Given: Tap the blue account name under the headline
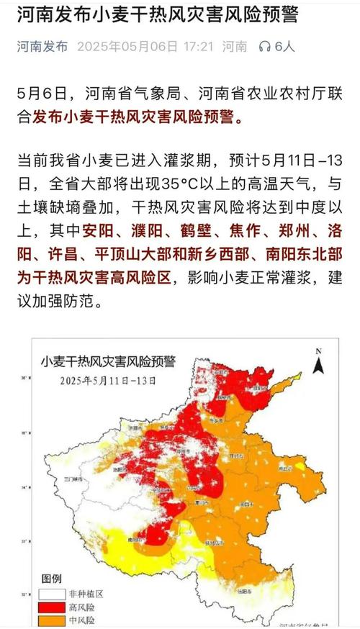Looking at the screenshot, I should tap(42, 47).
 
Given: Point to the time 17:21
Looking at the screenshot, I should tap(199, 47).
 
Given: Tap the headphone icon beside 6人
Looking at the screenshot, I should tap(264, 47).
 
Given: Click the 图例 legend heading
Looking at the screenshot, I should tap(52, 578).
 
